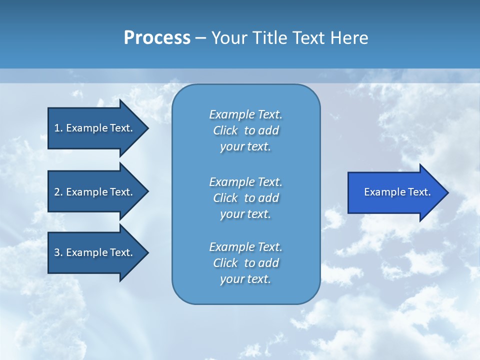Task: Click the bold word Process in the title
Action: [x=157, y=38]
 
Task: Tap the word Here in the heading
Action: [x=349, y=38]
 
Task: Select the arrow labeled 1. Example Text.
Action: [x=95, y=128]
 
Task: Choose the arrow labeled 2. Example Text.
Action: [x=95, y=192]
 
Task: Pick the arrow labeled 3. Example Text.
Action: [x=95, y=252]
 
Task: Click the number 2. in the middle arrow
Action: [x=58, y=192]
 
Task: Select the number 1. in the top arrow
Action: [x=58, y=128]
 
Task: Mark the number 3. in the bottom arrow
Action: [x=58, y=252]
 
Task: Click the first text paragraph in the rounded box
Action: [x=245, y=130]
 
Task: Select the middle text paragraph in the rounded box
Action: [x=245, y=198]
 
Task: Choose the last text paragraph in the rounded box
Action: [x=245, y=263]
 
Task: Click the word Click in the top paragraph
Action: [x=225, y=130]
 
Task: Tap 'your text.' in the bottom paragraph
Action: [x=245, y=279]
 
